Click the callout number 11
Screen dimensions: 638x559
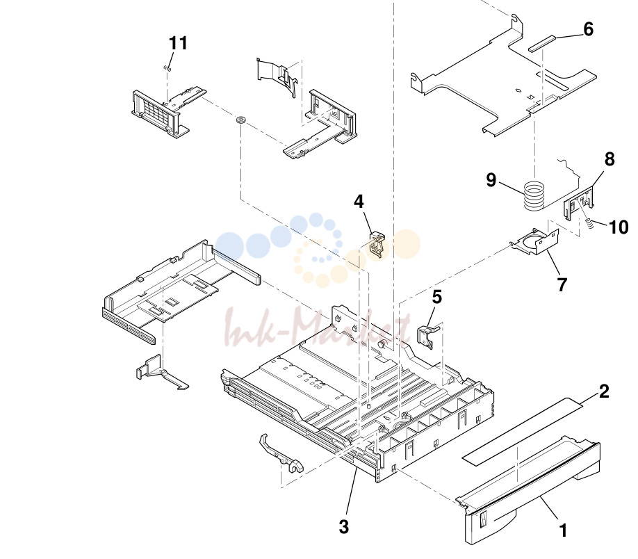pyautogui.click(x=178, y=43)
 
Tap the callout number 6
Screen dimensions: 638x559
pyautogui.click(x=589, y=29)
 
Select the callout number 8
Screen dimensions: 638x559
pyautogui.click(x=609, y=159)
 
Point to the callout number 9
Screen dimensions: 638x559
pyautogui.click(x=491, y=180)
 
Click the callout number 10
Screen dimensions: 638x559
pyautogui.click(x=619, y=227)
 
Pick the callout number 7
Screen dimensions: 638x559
pyautogui.click(x=562, y=285)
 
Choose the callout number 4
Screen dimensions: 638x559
pyautogui.click(x=359, y=202)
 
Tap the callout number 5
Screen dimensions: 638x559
pyautogui.click(x=436, y=297)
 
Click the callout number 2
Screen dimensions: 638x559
pyautogui.click(x=604, y=391)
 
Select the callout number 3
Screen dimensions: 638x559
pyautogui.click(x=344, y=527)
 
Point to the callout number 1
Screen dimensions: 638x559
pyautogui.click(x=563, y=531)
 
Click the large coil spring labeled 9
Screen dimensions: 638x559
pyautogui.click(x=534, y=196)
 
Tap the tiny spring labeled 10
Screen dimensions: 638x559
pyautogui.click(x=587, y=222)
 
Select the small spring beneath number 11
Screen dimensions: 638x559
pyautogui.click(x=167, y=69)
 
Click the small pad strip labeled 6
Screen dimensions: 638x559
pyautogui.click(x=541, y=43)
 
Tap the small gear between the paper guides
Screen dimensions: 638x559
pyautogui.click(x=241, y=120)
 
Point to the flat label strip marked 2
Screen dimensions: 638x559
pyautogui.click(x=523, y=432)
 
